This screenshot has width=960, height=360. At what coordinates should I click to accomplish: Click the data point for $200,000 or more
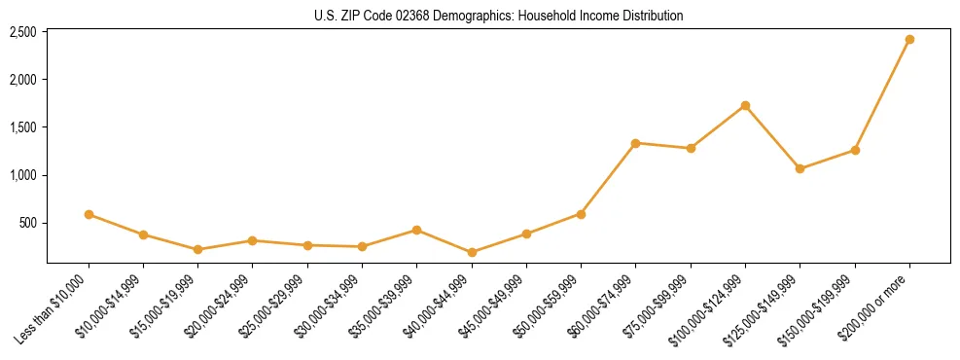(x=909, y=40)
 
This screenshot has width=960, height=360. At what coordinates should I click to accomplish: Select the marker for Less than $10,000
(x=89, y=214)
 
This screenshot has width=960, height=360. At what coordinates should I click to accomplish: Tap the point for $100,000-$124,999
(x=745, y=105)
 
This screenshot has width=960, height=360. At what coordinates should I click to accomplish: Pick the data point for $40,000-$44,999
(x=472, y=252)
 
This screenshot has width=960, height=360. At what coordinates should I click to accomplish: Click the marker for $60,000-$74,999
(x=635, y=143)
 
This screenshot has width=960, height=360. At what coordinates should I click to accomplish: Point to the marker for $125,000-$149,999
(x=800, y=168)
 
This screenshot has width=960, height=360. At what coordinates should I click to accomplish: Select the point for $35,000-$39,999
(x=416, y=230)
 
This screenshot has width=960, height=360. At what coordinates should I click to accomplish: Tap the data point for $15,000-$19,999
(x=197, y=249)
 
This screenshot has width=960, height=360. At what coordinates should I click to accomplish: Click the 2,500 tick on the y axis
(x=22, y=32)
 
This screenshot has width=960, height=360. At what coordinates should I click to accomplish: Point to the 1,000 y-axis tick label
(x=22, y=175)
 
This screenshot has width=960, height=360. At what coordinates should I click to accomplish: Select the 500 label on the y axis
(x=27, y=223)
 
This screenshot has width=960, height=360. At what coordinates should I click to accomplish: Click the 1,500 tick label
(x=22, y=127)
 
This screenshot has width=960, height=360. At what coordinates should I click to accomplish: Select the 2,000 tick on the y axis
(x=22, y=80)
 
